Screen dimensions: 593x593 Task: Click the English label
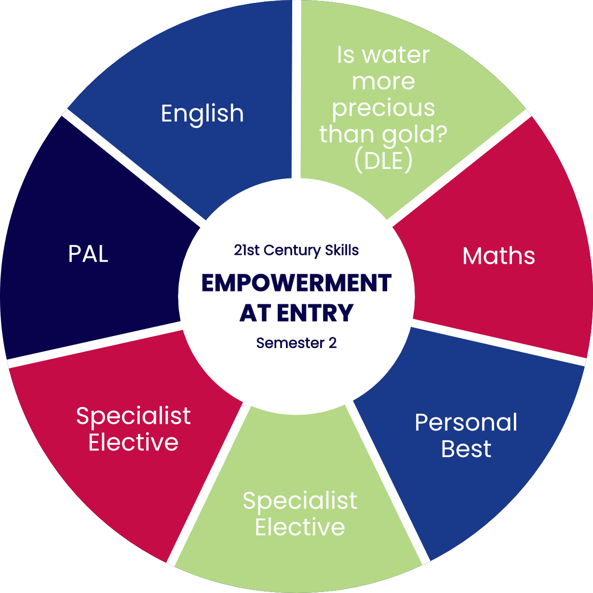pos(202,114)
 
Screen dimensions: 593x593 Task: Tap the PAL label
pos(88,254)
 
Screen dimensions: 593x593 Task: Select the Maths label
pos(499,256)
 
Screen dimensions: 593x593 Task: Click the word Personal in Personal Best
pos(466,423)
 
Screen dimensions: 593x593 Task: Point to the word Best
pos(466,449)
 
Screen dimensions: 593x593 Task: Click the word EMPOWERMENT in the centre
pos(296,283)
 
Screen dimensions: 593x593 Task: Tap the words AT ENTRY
pos(296,313)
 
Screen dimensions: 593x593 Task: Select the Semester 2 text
pos(296,343)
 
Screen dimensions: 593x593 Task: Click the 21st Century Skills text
pos(296,250)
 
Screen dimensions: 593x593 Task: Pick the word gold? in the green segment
pos(414,135)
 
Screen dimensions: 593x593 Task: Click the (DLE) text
pos(383,161)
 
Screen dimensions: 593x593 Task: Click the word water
pos(396,55)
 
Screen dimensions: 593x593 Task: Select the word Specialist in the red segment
pos(134,416)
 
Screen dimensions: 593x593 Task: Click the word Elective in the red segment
pos(134,442)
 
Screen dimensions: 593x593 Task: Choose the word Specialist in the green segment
pos(300,501)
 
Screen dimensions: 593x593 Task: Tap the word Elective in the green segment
pos(300,527)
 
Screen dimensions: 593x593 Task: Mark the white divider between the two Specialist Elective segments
pos(207,482)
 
